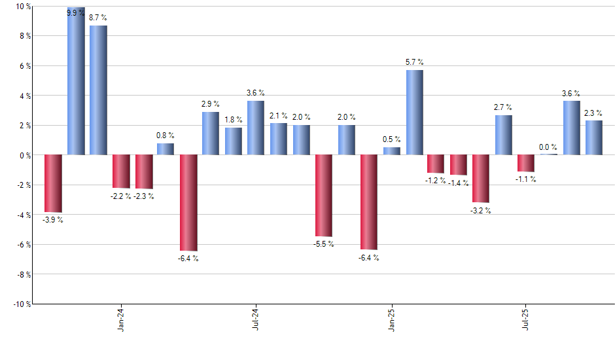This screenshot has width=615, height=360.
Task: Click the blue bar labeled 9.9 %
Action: (76, 81)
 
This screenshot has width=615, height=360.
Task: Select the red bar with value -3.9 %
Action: (53, 183)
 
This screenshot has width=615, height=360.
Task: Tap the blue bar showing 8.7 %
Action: (98, 90)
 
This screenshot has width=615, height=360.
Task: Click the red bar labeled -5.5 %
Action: (324, 195)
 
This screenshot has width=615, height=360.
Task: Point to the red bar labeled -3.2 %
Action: (481, 178)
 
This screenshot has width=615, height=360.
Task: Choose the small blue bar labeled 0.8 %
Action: (166, 149)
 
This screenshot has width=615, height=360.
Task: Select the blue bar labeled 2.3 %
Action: (594, 138)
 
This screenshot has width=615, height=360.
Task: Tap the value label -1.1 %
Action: (525, 179)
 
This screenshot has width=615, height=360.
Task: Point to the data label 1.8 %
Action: (234, 120)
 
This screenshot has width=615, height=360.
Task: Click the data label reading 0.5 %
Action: (392, 139)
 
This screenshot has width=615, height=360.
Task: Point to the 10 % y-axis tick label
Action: (22, 7)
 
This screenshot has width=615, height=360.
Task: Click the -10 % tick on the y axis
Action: (21, 304)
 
